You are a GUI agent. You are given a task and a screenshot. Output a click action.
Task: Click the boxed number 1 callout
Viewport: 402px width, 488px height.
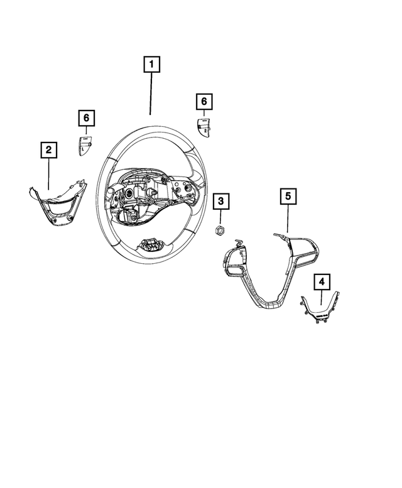click(x=151, y=63)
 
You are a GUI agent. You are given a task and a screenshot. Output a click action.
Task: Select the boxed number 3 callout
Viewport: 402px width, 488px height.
click(x=221, y=202)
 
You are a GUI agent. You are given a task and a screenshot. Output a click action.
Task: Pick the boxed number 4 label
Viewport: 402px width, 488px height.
click(x=321, y=281)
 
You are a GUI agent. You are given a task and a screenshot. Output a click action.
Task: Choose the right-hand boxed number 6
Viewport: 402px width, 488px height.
click(x=204, y=100)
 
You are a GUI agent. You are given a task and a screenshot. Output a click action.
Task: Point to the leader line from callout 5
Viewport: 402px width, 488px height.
click(x=287, y=219)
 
